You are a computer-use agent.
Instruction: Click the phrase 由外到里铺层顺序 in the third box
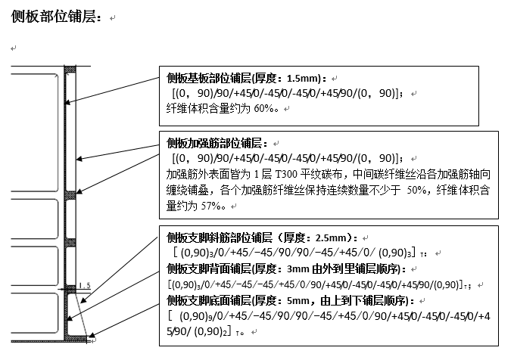pyautogui.click(x=363, y=268)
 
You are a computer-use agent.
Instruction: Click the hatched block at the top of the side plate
pyautogui.click(x=69, y=72)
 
